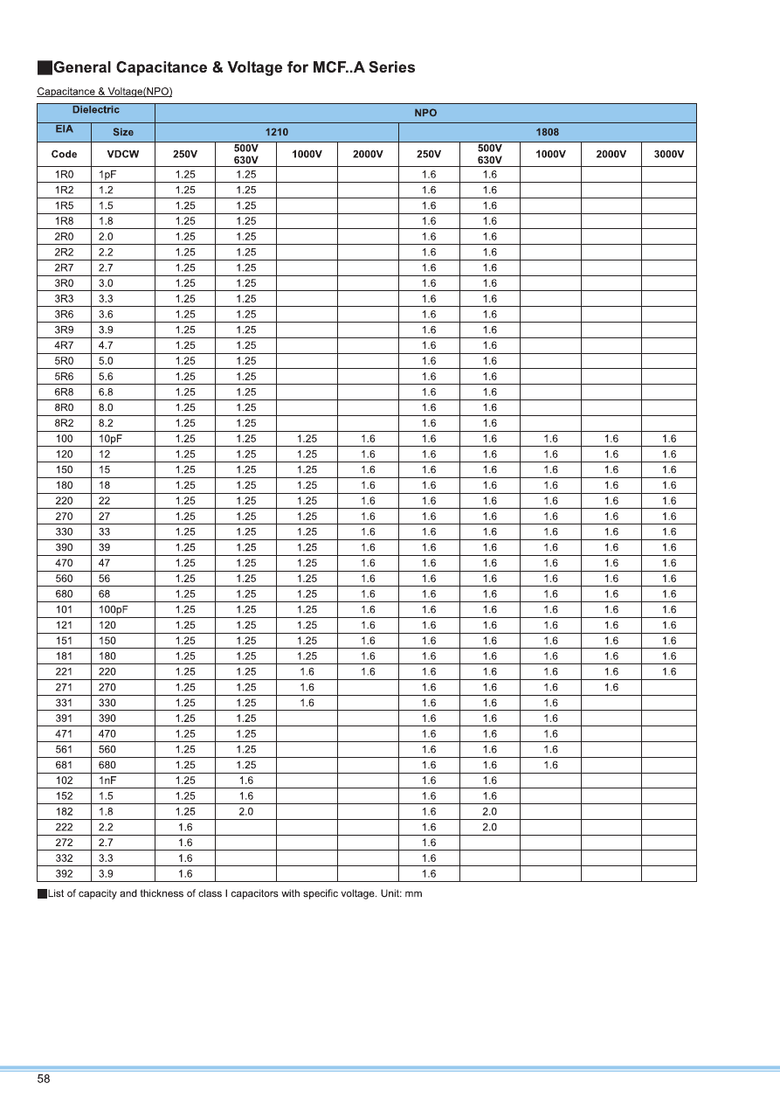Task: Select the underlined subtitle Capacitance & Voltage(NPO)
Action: [x=105, y=92]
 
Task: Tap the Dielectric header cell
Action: [x=95, y=111]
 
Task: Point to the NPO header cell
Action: [x=425, y=113]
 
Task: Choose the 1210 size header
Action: [x=277, y=132]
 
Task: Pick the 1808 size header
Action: [x=547, y=132]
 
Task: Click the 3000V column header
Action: [x=668, y=154]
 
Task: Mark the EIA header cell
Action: [x=65, y=131]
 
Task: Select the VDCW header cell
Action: [x=123, y=154]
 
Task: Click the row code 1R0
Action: [x=65, y=175]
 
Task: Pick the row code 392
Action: [x=65, y=873]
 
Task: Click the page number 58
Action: [x=44, y=1079]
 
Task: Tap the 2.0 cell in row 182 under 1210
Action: [x=246, y=811]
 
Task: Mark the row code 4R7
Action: [x=65, y=345]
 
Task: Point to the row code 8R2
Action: [x=65, y=423]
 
